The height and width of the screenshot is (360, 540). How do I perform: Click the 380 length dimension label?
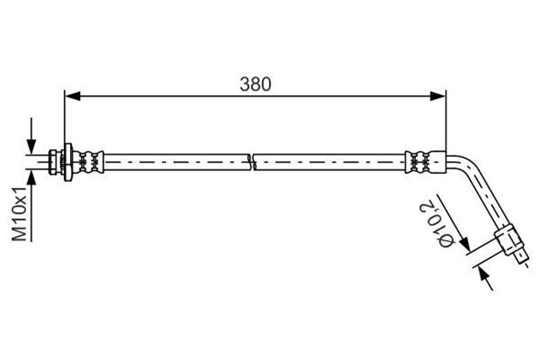(255, 84)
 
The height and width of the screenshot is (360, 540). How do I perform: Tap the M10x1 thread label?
(20, 214)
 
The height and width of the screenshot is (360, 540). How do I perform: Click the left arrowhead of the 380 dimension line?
(73, 96)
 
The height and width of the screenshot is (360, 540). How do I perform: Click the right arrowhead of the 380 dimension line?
(438, 96)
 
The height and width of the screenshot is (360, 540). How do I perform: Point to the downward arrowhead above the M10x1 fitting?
(32, 146)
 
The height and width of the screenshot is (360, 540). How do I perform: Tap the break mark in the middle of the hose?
(252, 162)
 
